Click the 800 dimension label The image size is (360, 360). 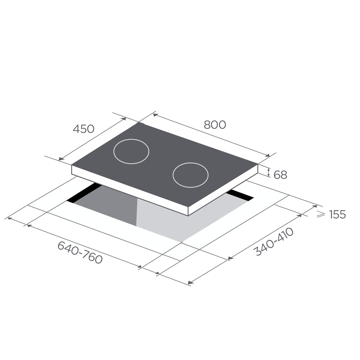[215, 125]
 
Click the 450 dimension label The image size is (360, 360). [84, 129]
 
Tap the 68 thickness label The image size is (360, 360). [280, 175]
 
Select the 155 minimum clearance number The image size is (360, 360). [337, 215]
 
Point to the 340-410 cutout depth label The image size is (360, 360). [274, 242]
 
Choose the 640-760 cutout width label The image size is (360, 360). [80, 252]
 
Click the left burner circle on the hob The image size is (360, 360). [131, 151]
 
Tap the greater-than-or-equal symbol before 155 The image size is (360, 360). [320, 214]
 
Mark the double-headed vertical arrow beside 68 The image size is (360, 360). [269, 172]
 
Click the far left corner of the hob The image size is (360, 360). [72, 166]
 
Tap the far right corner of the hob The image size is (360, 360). [258, 164]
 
